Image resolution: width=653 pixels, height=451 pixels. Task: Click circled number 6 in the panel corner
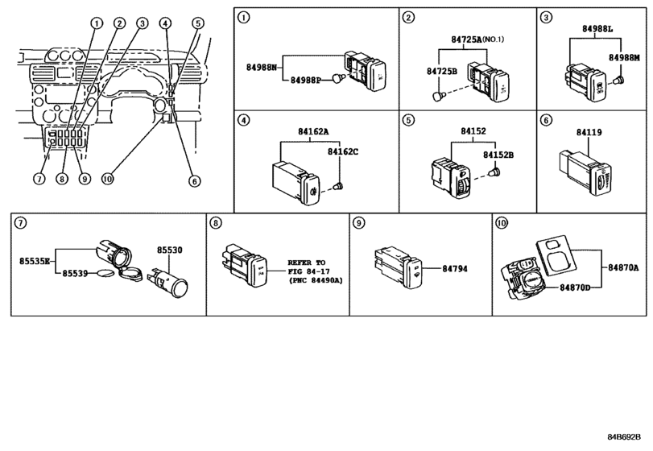click(547, 119)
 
